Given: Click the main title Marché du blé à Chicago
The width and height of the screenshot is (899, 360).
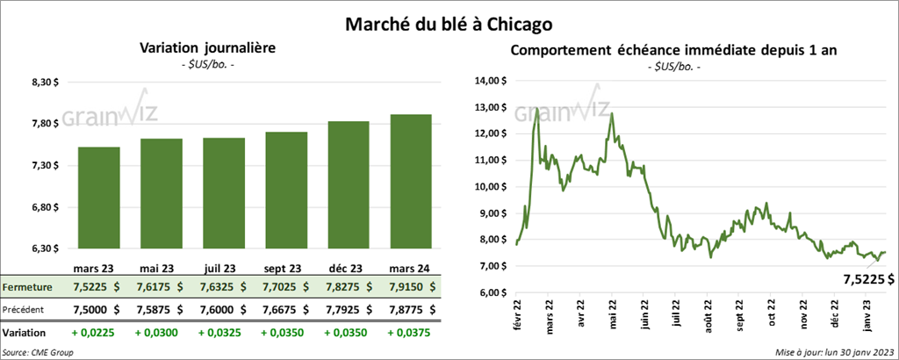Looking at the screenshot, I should pyautogui.click(x=449, y=18).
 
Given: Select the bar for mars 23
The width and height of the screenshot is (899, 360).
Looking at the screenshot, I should pyautogui.click(x=98, y=198).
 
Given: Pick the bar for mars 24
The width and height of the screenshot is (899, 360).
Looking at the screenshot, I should pyautogui.click(x=410, y=182).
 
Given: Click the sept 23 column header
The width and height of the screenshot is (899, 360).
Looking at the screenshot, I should pyautogui.click(x=285, y=268).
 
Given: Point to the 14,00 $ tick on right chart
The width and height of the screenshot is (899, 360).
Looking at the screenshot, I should pyautogui.click(x=490, y=81).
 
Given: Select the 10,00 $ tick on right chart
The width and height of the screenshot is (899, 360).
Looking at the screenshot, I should pyautogui.click(x=490, y=186).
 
